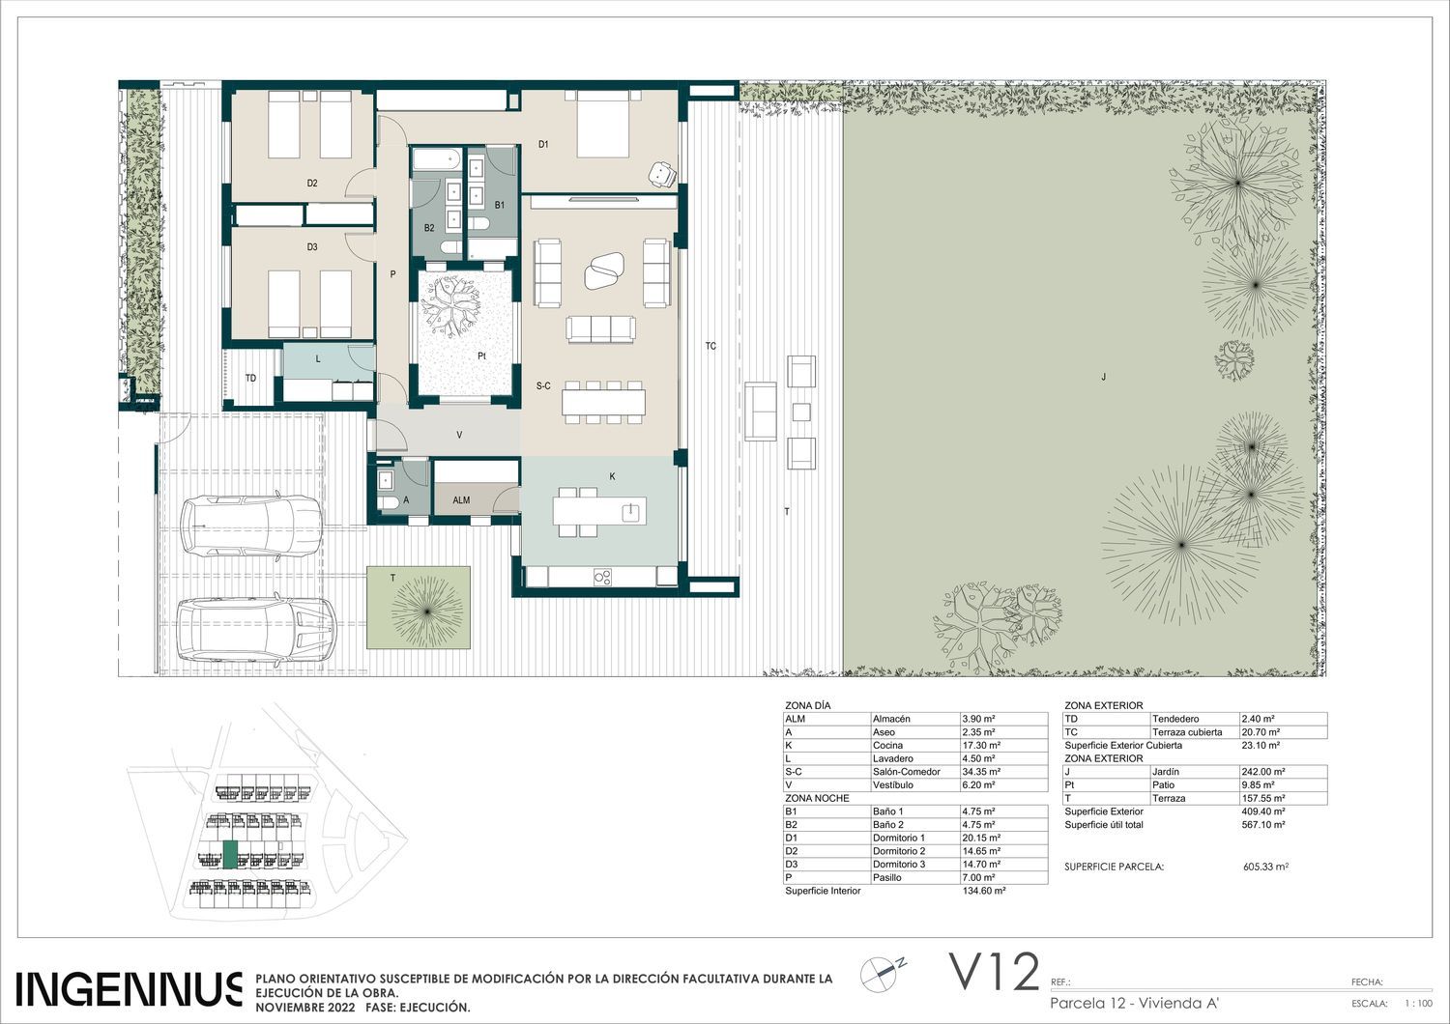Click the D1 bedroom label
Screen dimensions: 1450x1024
[x=543, y=144]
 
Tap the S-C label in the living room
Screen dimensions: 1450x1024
[x=543, y=386]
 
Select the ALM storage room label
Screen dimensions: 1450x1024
[x=461, y=500]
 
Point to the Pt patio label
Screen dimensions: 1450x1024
[x=481, y=356]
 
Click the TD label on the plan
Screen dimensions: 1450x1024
[x=250, y=379]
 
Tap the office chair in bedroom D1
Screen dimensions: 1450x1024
[x=662, y=174]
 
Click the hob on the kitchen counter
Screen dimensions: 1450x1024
[x=602, y=577]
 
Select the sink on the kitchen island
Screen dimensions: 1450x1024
[x=630, y=512]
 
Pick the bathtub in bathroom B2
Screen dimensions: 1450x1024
[x=436, y=159]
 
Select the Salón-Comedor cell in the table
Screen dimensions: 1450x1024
[x=907, y=772]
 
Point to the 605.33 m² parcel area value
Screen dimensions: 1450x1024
[x=1265, y=867]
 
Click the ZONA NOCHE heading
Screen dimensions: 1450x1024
[x=817, y=798]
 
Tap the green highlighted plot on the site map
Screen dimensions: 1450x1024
[x=230, y=855]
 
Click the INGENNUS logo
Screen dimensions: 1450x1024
[x=129, y=989]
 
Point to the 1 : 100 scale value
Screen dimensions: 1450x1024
[x=1418, y=1004]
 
